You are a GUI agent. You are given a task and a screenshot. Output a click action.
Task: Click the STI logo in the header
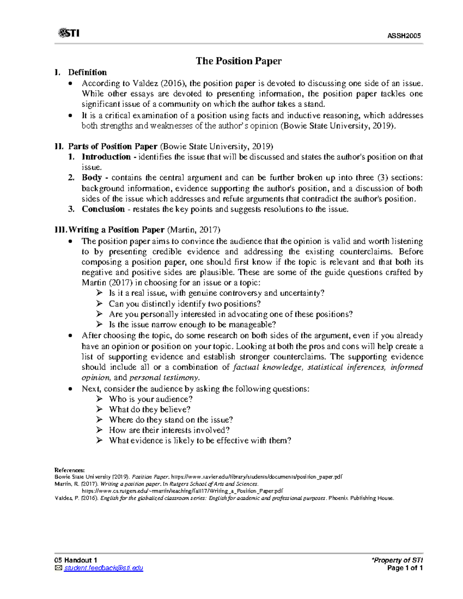[69, 33]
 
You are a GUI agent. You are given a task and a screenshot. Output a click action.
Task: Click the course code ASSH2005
[404, 36]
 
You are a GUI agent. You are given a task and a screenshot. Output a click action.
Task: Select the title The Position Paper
[238, 61]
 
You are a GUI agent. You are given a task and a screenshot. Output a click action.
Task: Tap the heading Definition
[88, 73]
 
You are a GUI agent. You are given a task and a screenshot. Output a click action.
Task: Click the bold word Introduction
[106, 157]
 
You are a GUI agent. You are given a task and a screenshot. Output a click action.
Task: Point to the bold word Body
[92, 178]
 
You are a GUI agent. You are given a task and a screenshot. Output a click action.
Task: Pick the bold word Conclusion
[103, 209]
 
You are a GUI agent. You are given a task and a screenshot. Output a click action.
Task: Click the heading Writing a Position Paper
[116, 230]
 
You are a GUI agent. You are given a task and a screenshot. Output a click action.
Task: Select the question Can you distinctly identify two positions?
[185, 304]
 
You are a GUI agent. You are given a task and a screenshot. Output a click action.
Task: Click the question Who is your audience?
[151, 399]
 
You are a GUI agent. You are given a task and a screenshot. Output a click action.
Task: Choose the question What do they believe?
[150, 410]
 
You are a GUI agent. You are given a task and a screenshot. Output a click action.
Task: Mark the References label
[69, 470]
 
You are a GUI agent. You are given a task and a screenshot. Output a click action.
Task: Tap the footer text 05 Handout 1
[76, 560]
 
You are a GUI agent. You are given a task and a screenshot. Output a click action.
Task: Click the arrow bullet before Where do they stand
[100, 420]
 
